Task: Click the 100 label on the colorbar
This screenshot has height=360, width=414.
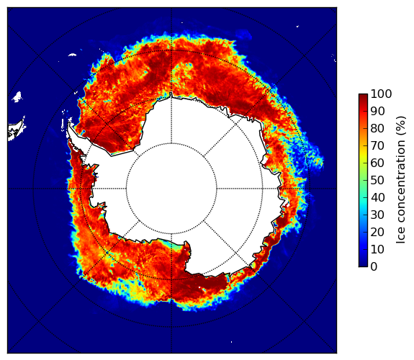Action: point(381,94)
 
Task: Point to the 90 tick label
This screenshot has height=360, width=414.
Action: point(377,111)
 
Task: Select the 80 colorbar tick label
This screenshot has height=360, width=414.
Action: point(377,128)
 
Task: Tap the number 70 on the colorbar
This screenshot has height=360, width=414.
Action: point(377,145)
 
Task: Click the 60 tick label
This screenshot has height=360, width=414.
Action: point(377,163)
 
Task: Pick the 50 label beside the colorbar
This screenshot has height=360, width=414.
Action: point(377,181)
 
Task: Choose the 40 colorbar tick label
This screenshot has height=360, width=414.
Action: point(377,197)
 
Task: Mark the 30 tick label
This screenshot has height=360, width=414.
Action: point(377,215)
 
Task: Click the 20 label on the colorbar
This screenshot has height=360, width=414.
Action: point(377,232)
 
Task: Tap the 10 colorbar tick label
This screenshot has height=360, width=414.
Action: point(377,249)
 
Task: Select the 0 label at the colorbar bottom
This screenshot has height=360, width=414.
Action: point(374,267)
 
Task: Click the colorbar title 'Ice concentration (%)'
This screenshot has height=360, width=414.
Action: point(401,180)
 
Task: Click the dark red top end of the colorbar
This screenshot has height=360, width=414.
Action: point(363,96)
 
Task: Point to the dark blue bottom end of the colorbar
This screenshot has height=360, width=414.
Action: point(363,265)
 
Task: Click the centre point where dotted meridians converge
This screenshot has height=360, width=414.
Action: point(171,189)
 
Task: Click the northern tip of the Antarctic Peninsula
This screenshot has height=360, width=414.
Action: point(69,123)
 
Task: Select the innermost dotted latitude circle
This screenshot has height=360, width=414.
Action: point(126,189)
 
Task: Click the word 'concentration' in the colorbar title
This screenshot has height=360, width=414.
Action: point(401,187)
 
